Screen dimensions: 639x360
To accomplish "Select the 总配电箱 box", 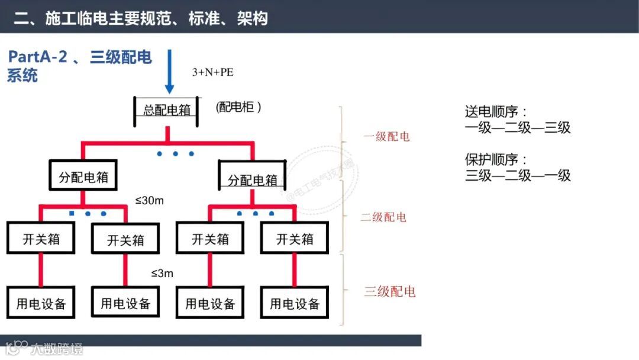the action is pyautogui.click(x=167, y=111).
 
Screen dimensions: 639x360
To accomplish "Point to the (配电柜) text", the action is pyautogui.click(x=239, y=107).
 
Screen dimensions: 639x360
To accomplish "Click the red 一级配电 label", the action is pyautogui.click(x=386, y=137).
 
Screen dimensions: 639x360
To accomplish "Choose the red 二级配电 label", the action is pyautogui.click(x=383, y=217).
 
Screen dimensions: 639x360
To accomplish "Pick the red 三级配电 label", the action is pyautogui.click(x=389, y=291).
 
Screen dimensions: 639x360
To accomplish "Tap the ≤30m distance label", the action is pyautogui.click(x=149, y=201).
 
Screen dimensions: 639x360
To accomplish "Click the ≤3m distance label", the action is pyautogui.click(x=162, y=273).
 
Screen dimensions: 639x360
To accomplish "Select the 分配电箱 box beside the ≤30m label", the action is pyautogui.click(x=83, y=177).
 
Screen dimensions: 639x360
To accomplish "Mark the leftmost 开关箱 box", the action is pyautogui.click(x=41, y=239).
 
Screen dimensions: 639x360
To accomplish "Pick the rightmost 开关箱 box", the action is pyautogui.click(x=295, y=239).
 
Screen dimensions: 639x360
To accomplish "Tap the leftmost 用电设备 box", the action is pyautogui.click(x=41, y=304).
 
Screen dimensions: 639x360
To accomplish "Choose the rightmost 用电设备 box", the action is pyautogui.click(x=295, y=304).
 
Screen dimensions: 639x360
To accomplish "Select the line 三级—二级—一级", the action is pyautogui.click(x=518, y=175).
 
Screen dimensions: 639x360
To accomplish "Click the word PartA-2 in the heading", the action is pyautogui.click(x=37, y=57).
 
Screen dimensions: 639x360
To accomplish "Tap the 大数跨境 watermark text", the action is pyautogui.click(x=57, y=348).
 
